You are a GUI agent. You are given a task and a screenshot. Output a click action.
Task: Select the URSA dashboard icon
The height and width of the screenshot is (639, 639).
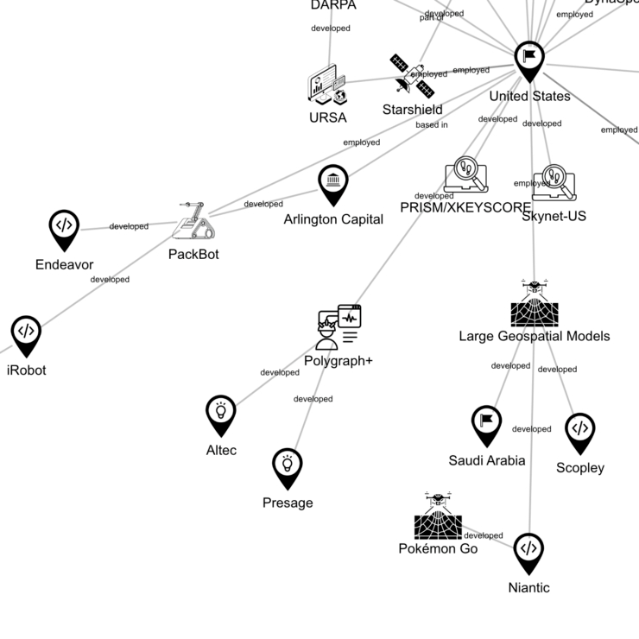[327, 86]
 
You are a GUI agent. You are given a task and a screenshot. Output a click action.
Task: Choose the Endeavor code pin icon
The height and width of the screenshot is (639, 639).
[64, 229]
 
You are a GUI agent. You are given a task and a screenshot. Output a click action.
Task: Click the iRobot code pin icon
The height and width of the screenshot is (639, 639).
[27, 334]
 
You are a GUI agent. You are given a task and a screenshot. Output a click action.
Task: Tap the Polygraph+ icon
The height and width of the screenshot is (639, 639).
[338, 326]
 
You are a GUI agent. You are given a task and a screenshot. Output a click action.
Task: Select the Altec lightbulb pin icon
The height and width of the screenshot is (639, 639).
[221, 414]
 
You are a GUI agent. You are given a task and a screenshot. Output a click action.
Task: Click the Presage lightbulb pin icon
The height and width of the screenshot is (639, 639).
[288, 468]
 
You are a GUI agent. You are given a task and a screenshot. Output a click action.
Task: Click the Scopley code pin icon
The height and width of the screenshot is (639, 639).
[579, 432]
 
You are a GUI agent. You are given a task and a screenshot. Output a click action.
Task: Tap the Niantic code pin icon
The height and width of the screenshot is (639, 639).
[528, 552]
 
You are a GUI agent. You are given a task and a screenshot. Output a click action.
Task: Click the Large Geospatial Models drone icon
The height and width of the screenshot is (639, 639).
[534, 302]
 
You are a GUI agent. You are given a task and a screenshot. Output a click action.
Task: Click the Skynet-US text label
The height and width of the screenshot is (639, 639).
[554, 216]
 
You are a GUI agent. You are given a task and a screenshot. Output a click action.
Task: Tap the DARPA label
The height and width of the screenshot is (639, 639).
[332, 5]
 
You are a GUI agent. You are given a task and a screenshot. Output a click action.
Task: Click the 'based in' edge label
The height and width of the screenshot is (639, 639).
[432, 125]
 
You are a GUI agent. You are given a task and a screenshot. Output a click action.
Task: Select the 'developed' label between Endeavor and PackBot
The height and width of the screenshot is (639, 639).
[129, 226]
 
